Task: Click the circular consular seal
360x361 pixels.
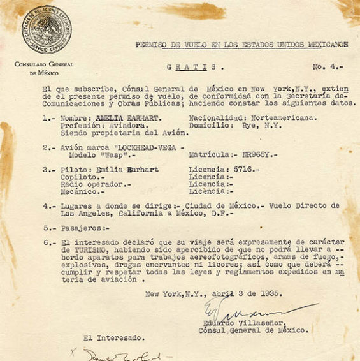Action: click(44, 29)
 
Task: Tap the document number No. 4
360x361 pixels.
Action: click(327, 66)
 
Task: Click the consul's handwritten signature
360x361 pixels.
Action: click(242, 311)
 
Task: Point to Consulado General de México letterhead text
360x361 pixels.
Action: click(43, 68)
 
